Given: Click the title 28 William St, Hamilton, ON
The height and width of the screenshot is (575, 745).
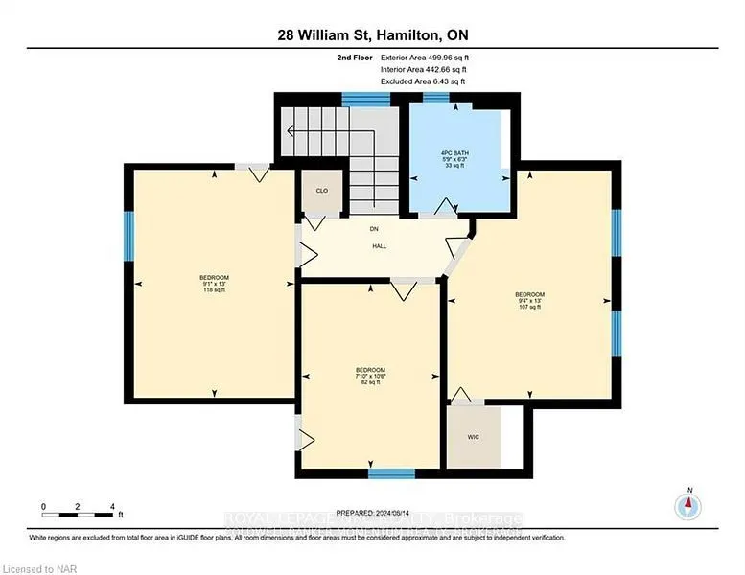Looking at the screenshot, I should [371, 35].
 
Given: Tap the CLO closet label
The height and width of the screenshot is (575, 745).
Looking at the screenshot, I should [322, 191].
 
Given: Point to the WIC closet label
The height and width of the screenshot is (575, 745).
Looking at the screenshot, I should [472, 436].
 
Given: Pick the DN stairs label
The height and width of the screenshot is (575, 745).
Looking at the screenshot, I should [375, 229].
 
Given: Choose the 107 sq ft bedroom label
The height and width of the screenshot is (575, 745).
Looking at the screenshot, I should [529, 300].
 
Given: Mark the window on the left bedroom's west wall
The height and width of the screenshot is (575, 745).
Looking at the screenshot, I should [127, 236].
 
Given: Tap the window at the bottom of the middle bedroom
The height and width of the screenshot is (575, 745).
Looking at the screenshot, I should [391, 472].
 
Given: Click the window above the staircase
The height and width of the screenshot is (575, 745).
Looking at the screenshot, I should [360, 97].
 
